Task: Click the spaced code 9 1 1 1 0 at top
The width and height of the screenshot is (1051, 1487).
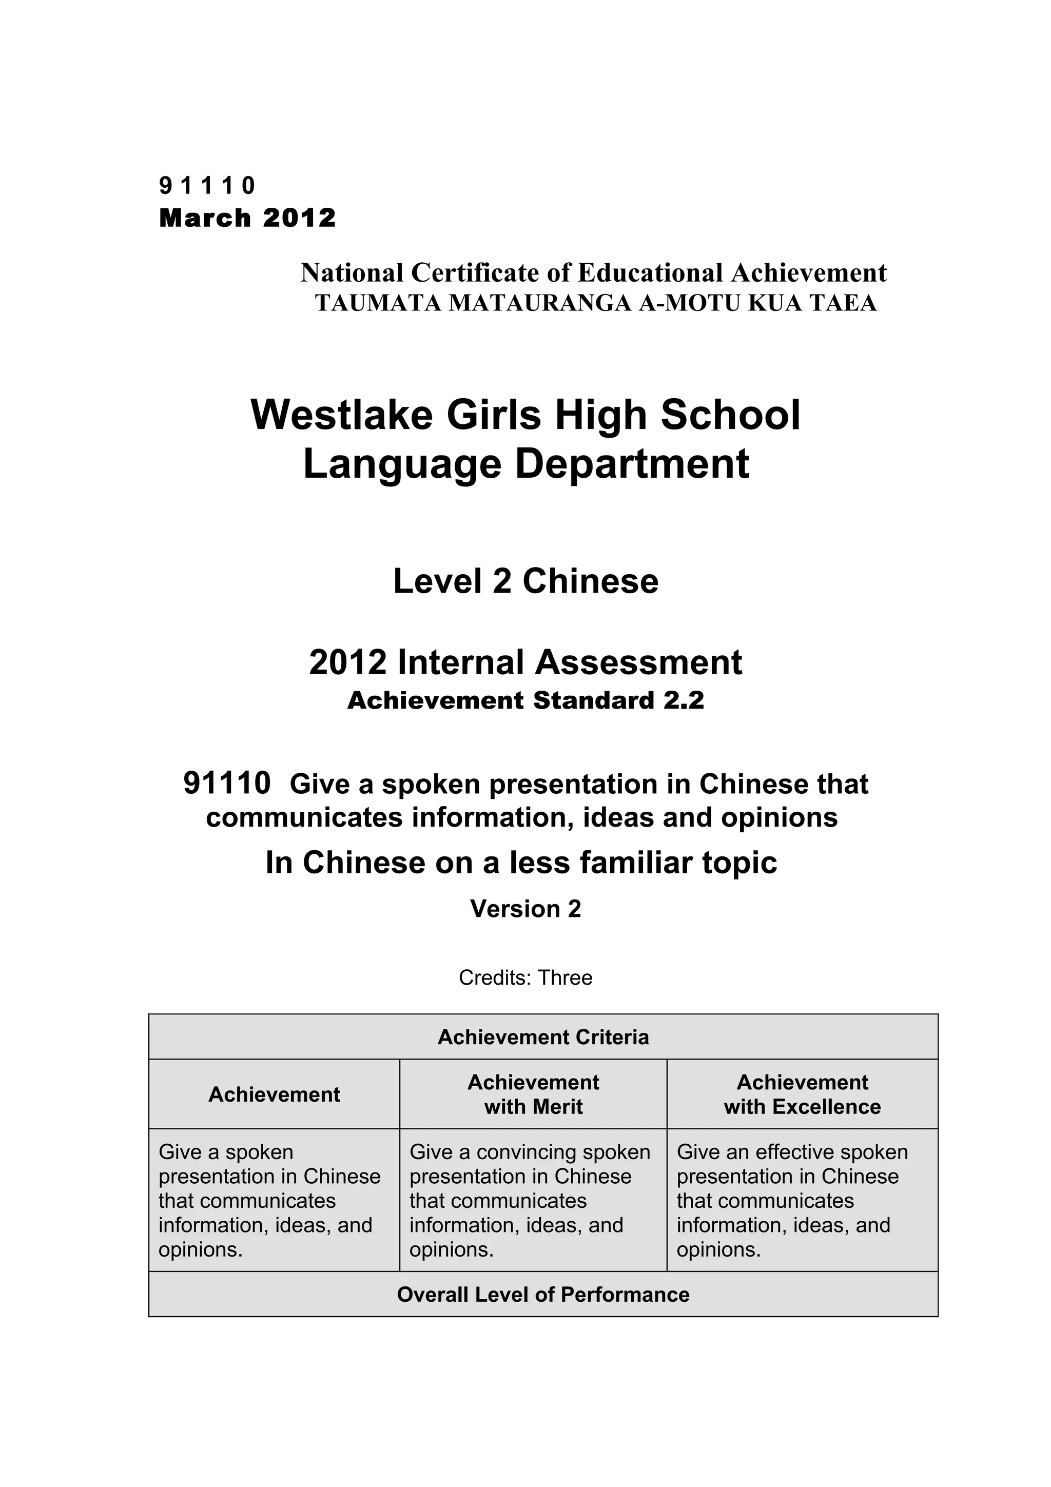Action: (x=207, y=186)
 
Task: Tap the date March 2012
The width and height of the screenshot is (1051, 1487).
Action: (x=247, y=218)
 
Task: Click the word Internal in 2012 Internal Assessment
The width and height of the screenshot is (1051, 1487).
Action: (x=462, y=662)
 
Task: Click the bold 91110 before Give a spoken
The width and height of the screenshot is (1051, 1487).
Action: (x=227, y=783)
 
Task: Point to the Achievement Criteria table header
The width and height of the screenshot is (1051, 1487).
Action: (x=542, y=1037)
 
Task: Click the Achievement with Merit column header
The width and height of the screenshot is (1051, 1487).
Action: (x=533, y=1094)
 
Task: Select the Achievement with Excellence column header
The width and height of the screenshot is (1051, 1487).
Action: (x=802, y=1094)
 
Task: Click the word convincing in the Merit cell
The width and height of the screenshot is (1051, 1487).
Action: (x=518, y=1151)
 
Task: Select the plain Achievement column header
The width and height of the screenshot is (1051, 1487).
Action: (x=274, y=1094)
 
